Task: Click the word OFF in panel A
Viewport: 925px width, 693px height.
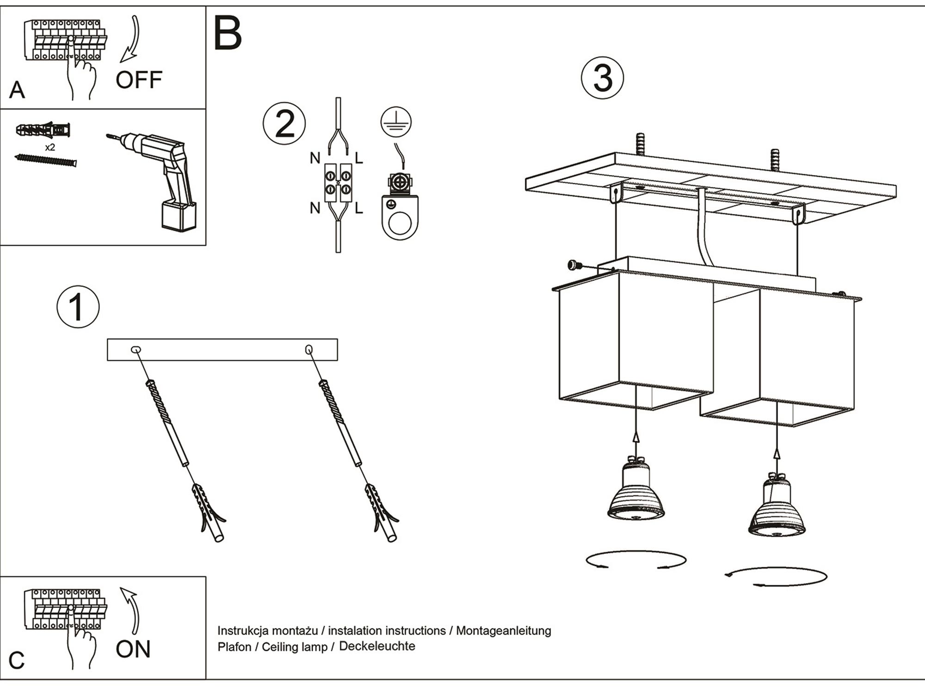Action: coord(139,80)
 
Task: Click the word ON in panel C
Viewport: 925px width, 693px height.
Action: coord(133,649)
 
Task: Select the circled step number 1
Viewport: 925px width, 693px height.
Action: coord(78,307)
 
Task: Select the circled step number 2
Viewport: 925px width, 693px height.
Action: coord(284,123)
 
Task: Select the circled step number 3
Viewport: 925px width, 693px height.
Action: coord(602,78)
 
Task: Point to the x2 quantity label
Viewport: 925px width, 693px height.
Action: coord(50,147)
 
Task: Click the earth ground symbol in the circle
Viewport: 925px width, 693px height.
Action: coord(396,122)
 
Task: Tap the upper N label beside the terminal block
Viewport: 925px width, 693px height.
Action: coord(315,158)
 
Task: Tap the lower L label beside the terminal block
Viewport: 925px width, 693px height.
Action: coord(359,208)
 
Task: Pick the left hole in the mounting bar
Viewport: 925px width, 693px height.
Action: coord(136,350)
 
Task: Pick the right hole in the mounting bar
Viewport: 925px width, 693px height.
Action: coord(309,350)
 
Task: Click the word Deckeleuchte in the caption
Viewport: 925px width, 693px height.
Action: coord(377,646)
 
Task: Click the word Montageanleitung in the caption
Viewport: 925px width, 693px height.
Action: coord(504,631)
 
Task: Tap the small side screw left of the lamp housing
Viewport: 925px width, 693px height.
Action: coord(573,265)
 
